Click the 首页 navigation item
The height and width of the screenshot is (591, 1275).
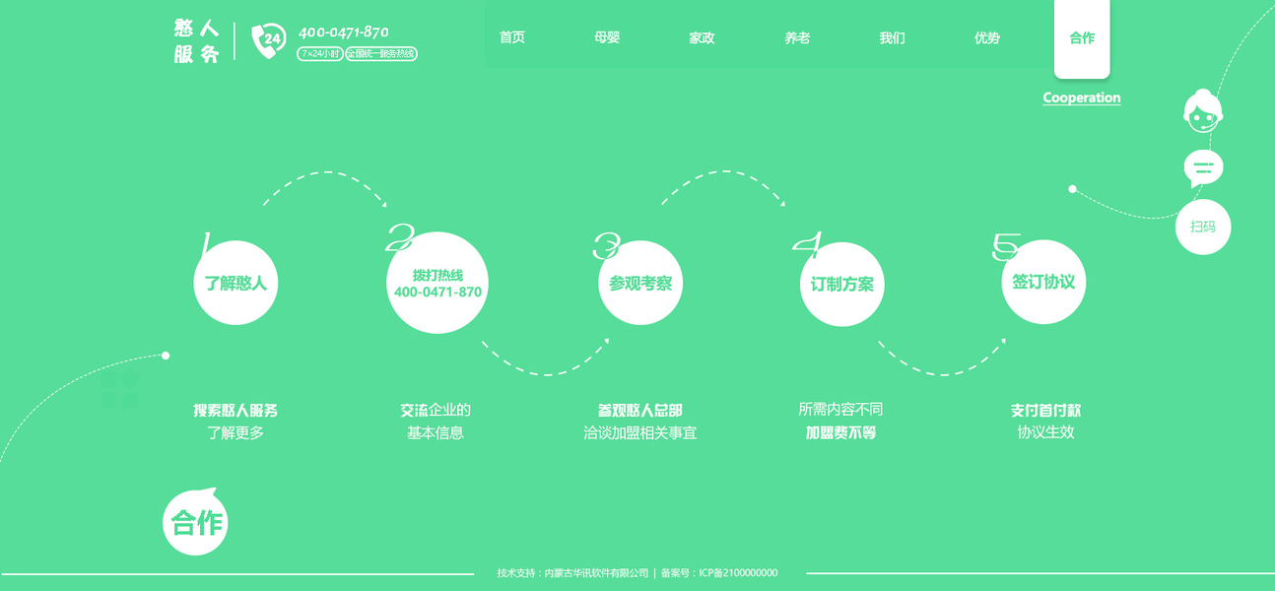511,38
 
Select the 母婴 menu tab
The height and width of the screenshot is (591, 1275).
607,38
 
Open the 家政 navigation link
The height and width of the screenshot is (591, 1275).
702,38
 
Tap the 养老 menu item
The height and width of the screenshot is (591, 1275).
797,38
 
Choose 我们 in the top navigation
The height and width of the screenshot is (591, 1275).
892,38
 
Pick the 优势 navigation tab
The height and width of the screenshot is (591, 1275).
986,38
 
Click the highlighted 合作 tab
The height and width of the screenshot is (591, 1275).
1082,38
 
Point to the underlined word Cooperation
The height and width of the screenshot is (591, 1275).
1081,98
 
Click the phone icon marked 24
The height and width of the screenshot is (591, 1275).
267,40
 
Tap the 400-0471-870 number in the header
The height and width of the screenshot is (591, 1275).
343,32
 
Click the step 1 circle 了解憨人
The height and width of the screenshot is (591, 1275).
235,284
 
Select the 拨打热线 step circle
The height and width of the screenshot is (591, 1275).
437,284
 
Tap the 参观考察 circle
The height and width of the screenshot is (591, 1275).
640,284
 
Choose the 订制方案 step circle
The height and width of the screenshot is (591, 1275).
841,284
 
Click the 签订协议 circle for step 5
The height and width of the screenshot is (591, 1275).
1043,282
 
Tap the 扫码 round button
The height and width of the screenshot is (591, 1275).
1203,227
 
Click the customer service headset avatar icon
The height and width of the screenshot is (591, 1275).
1202,111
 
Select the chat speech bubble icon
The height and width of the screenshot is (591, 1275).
1203,168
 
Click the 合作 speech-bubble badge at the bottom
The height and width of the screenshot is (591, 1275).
196,522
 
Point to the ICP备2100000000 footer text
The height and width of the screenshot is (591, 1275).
738,573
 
